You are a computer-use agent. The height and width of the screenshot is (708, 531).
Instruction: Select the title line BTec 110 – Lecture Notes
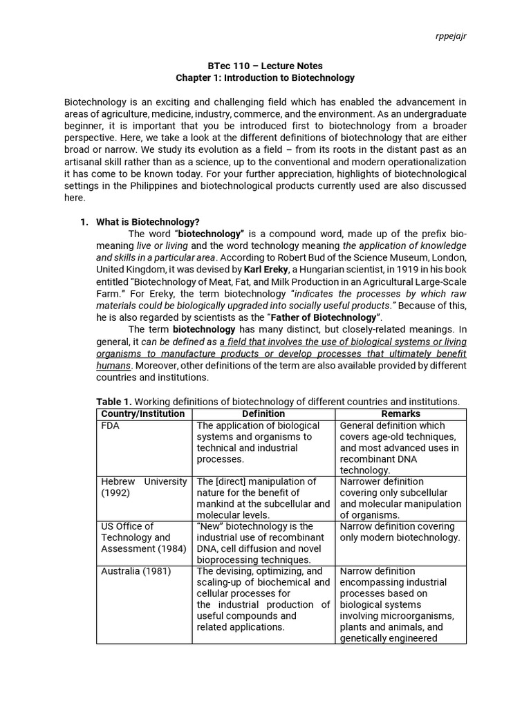265,65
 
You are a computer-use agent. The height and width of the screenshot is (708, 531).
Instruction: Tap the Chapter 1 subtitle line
265,77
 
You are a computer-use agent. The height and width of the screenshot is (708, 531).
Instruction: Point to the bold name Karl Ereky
266,269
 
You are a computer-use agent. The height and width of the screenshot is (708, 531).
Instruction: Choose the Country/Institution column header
143,413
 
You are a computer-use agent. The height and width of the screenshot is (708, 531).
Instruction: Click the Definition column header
263,413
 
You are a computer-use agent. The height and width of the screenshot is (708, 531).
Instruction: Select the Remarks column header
400,413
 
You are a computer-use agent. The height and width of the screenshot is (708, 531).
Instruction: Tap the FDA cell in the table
111,426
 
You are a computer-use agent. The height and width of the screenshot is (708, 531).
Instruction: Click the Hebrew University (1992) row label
144,487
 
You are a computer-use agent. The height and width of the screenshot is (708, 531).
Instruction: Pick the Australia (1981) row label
136,571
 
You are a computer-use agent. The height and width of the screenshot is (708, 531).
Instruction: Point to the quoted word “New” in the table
210,526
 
